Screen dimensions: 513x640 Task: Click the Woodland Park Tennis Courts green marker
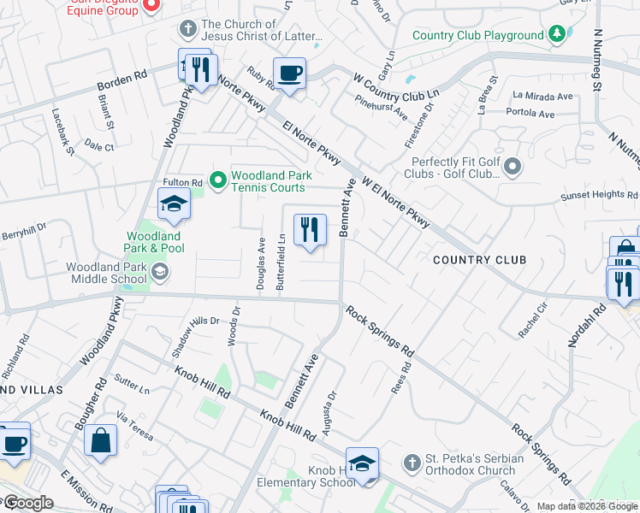[x=218, y=180]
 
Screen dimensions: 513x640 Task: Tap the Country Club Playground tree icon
[x=557, y=34]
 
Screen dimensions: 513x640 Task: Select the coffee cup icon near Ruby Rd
[x=289, y=74]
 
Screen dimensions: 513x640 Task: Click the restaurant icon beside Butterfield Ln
[x=310, y=229]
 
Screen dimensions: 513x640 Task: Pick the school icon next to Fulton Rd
[x=173, y=204]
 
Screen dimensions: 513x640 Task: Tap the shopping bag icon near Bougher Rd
[x=101, y=440]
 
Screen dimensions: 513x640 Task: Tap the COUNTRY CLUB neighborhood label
[x=479, y=259]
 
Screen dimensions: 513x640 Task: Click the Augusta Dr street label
[x=329, y=408]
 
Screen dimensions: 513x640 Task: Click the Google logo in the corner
[x=27, y=503]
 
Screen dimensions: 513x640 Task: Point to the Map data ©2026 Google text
[x=587, y=506]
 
